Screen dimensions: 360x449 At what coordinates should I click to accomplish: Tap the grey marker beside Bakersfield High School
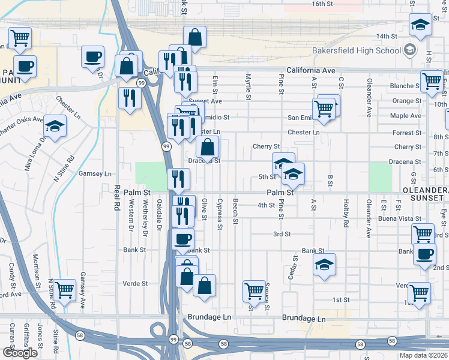pos(411,49)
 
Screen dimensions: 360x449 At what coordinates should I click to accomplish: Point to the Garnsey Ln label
pos(95,174)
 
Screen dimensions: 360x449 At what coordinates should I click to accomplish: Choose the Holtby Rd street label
pos(346,213)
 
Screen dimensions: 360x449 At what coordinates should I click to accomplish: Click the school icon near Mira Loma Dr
pos(55,127)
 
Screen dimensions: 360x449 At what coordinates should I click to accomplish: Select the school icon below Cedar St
pos(324,265)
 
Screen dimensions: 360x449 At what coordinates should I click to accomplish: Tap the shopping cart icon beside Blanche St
pos(432,81)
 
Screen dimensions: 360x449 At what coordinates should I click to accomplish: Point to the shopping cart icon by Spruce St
pos(255,292)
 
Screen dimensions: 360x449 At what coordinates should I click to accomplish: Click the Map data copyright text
pos(424,355)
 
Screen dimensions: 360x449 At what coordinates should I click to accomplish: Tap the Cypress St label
pos(220,214)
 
